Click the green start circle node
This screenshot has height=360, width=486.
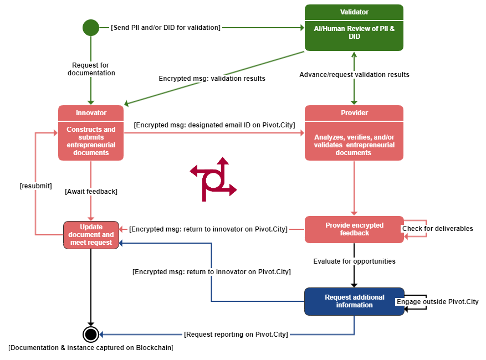tap(91, 27)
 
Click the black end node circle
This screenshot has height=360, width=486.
tap(90, 334)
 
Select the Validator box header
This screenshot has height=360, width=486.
tap(354, 12)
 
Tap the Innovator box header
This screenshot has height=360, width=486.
tap(91, 113)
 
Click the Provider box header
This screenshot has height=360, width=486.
tap(354, 113)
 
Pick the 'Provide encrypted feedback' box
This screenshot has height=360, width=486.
tap(354, 229)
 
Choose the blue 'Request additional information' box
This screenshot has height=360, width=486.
tap(354, 301)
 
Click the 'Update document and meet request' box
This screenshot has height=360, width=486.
tap(91, 235)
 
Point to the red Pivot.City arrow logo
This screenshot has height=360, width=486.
tap(213, 179)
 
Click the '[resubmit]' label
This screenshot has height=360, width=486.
tap(35, 186)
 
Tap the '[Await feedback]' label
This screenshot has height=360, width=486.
tap(91, 192)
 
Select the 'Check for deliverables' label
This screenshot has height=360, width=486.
tap(437, 229)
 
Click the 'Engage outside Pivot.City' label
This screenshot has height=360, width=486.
tap(437, 302)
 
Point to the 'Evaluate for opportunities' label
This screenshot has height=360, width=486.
tap(354, 261)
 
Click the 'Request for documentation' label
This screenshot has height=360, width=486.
tap(91, 69)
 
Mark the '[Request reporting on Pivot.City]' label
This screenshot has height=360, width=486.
tap(236, 335)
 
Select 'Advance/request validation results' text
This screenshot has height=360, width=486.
tap(354, 75)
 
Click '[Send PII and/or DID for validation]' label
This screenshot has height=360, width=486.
tap(166, 27)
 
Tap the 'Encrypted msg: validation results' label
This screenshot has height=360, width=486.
tap(212, 79)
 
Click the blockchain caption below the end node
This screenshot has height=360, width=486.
tap(91, 348)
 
